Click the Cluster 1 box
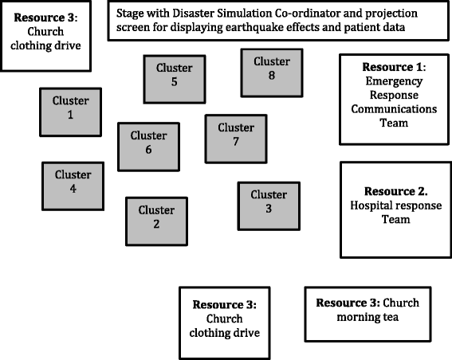(x=71, y=110)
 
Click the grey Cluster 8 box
(x=271, y=69)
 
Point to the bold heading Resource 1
(x=393, y=67)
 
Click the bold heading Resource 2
(x=396, y=192)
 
